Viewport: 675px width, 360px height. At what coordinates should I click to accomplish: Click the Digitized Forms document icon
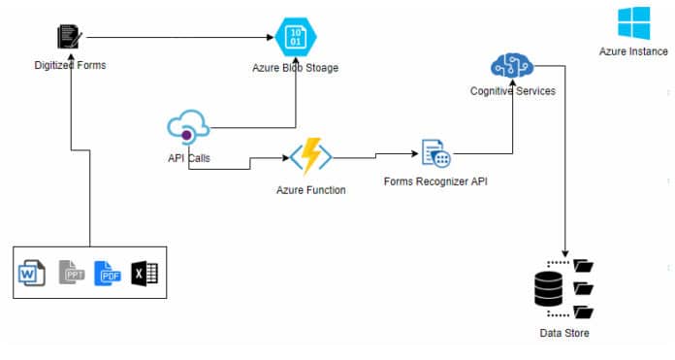70,38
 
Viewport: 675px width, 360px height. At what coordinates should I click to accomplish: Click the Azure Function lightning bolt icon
311,156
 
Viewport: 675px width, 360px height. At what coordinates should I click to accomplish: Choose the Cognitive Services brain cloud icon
511,66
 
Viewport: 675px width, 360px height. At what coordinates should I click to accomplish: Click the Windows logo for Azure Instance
634,22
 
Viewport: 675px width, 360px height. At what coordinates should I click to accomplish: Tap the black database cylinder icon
550,289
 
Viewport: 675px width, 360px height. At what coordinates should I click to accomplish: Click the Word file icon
31,274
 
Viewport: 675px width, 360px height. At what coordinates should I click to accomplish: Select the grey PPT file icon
70,273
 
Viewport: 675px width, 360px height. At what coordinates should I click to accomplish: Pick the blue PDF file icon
106,274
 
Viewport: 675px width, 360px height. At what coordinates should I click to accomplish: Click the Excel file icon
144,274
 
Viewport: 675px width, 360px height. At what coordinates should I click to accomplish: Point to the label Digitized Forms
70,65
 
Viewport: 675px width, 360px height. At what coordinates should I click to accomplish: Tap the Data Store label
563,334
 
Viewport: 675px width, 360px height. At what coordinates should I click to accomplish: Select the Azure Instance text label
633,51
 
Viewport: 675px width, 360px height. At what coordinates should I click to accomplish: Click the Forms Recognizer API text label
434,181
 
